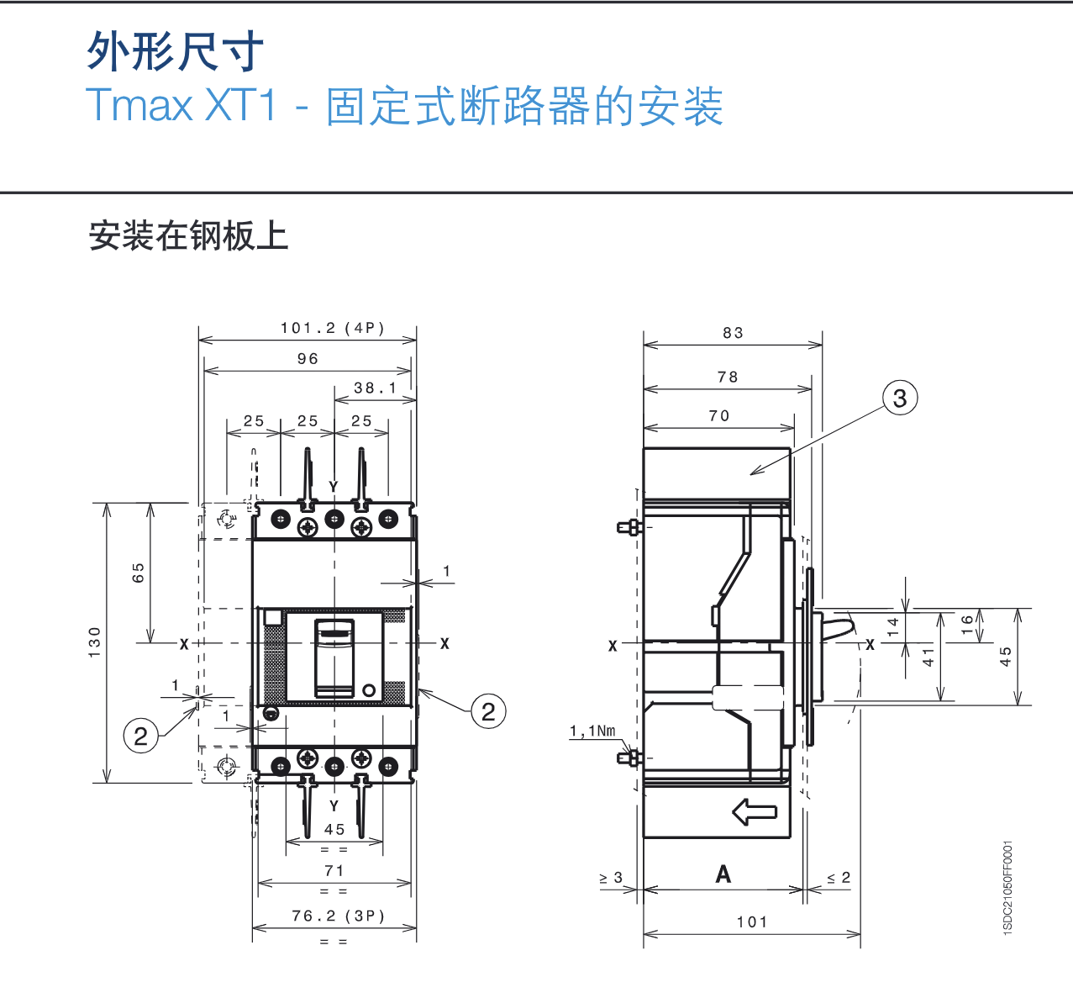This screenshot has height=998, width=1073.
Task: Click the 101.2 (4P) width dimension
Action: [332, 328]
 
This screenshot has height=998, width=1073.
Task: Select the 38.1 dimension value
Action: [375, 388]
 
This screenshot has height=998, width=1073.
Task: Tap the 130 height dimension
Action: [95, 642]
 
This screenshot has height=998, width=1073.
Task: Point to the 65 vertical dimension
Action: [139, 573]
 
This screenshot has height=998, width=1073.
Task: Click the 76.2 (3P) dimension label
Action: [338, 916]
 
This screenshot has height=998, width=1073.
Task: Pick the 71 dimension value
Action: [334, 871]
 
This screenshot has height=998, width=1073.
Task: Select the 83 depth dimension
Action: [733, 333]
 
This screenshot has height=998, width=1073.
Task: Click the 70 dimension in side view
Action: [719, 416]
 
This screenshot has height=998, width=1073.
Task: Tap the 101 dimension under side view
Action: [752, 922]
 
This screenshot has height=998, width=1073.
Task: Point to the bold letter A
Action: [723, 875]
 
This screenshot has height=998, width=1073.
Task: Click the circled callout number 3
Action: [900, 398]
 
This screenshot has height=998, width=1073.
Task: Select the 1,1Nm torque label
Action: [592, 731]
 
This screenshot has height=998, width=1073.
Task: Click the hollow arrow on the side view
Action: [754, 812]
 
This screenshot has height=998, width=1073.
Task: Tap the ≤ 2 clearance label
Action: [839, 878]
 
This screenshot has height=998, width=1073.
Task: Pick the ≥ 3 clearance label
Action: [611, 878]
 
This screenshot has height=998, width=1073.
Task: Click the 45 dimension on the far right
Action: [1006, 657]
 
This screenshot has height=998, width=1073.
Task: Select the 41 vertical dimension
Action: [928, 657]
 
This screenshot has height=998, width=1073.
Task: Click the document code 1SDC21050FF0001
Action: [1008, 888]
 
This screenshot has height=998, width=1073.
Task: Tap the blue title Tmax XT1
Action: [181, 106]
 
